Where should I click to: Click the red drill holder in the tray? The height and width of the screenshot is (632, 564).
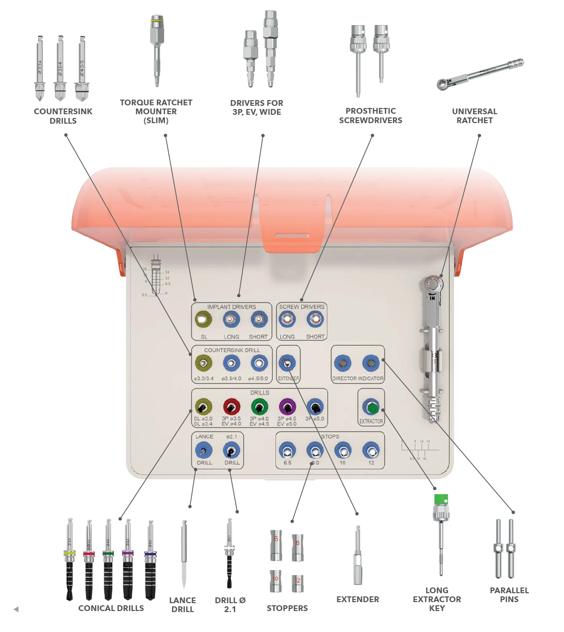pyautogui.click(x=231, y=407)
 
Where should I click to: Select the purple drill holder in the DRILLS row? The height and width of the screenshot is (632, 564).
pyautogui.click(x=287, y=407)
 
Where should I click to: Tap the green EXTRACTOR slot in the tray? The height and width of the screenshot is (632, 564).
pyautogui.click(x=371, y=407)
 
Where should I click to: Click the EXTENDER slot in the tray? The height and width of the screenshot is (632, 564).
pyautogui.click(x=287, y=363)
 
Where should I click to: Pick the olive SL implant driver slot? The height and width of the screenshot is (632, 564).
pyautogui.click(x=203, y=319)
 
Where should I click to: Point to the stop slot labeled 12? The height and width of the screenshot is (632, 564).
pyautogui.click(x=371, y=450)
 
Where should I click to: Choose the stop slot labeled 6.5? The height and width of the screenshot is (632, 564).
pyautogui.click(x=287, y=450)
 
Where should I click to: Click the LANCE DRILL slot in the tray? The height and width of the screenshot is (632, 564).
pyautogui.click(x=204, y=450)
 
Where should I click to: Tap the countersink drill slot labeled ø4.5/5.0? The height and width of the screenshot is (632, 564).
pyautogui.click(x=259, y=363)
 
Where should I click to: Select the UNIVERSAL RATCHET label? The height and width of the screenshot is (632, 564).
pyautogui.click(x=474, y=116)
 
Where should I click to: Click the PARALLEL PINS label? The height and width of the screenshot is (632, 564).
pyautogui.click(x=509, y=595)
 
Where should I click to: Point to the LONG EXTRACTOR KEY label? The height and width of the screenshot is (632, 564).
pyautogui.click(x=437, y=599)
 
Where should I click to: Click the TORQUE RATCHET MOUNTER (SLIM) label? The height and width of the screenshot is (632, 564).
pyautogui.click(x=156, y=111)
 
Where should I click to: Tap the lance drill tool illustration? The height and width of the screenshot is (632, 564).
pyautogui.click(x=184, y=553)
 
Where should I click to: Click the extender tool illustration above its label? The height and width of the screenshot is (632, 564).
pyautogui.click(x=357, y=555)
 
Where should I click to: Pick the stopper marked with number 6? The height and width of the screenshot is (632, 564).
pyautogui.click(x=276, y=544)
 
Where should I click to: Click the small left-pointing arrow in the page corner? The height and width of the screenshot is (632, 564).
pyautogui.click(x=16, y=609)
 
